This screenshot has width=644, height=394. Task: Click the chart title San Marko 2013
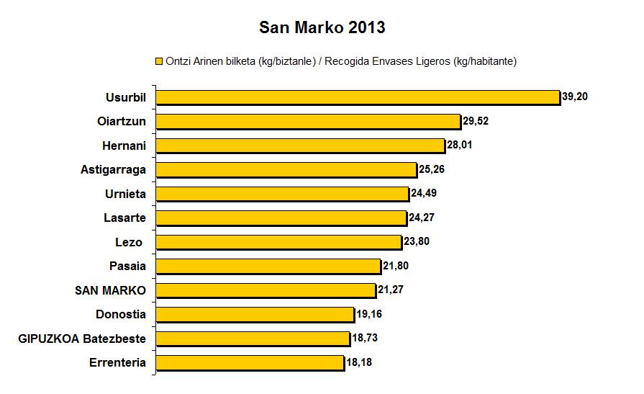click(322, 28)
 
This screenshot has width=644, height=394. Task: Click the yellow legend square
click(159, 61)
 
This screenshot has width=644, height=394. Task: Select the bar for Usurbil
click(358, 97)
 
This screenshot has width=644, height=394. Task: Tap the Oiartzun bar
click(308, 121)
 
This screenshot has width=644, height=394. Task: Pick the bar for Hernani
click(300, 145)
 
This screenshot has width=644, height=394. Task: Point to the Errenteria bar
click(250, 362)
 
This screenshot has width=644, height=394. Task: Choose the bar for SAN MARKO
click(266, 290)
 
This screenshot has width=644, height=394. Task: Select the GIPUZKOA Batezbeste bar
click(253, 339)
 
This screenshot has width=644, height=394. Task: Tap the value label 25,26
click(432, 169)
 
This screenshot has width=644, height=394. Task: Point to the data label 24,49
click(425, 193)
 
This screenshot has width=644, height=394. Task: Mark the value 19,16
click(370, 314)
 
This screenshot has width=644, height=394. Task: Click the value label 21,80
click(396, 266)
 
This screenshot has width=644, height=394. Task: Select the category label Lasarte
click(125, 218)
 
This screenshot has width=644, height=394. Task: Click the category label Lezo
click(130, 242)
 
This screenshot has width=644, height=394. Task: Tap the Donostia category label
click(121, 314)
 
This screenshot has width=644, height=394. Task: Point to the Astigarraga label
click(114, 169)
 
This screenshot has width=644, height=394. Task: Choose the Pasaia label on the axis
click(127, 266)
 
